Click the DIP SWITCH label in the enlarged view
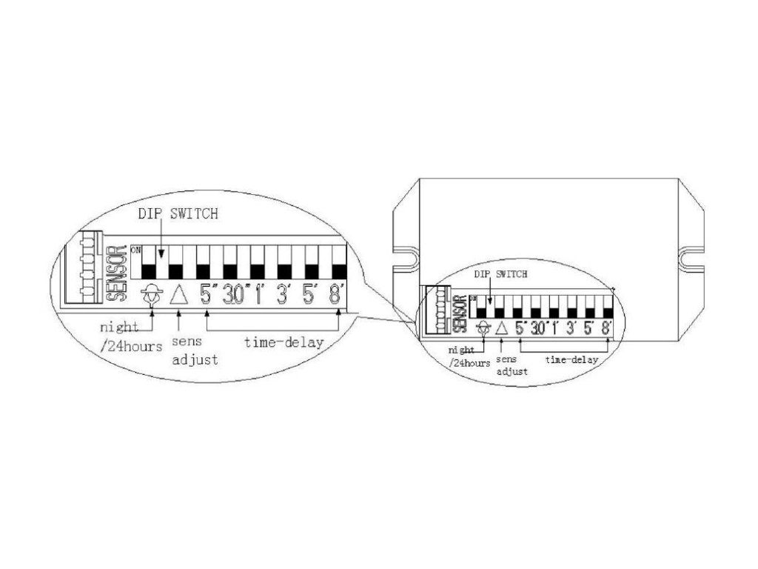[x=178, y=214]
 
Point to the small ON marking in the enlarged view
[x=135, y=250]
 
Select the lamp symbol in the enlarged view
[x=151, y=295]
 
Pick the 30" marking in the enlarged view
[x=237, y=295]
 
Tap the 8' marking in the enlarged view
[x=337, y=295]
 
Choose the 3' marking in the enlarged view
[x=283, y=295]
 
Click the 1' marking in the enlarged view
[x=260, y=295]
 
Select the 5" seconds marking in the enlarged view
[x=206, y=295]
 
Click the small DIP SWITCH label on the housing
[x=501, y=274]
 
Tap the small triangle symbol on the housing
[x=501, y=326]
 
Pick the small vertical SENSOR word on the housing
[x=459, y=314]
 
